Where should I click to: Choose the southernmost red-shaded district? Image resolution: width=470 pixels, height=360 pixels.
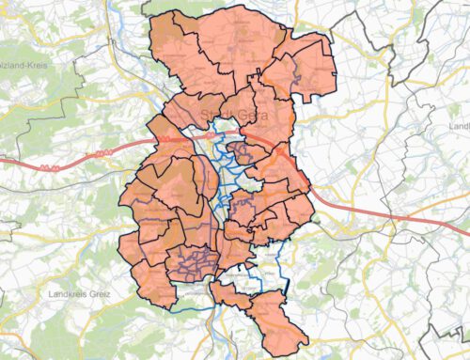[282, 324]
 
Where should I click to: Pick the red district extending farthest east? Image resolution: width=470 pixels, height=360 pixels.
[315, 61]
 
